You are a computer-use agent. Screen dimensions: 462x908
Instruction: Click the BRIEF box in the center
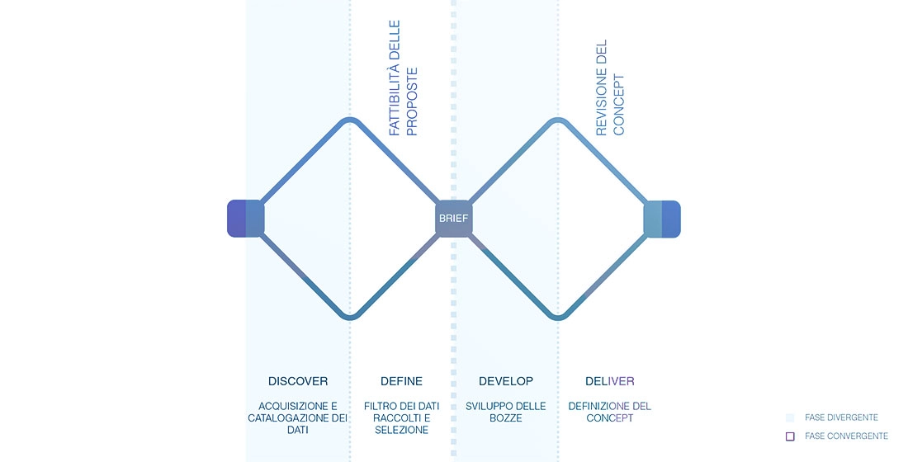(453, 219)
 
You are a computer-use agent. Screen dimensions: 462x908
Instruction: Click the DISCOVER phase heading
(298, 381)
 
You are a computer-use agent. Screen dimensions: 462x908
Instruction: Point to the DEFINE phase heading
(401, 381)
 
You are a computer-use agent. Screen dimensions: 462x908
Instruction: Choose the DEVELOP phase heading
(506, 381)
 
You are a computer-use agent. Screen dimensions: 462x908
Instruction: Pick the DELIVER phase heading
(610, 381)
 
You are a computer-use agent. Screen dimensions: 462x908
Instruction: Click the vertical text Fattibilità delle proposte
(404, 78)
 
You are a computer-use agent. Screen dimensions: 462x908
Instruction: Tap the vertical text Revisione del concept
(610, 87)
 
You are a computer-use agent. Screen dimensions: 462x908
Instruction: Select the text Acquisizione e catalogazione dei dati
(298, 418)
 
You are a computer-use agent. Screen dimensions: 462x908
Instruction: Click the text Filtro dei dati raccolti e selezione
(401, 418)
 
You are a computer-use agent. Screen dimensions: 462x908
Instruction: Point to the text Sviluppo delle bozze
(506, 412)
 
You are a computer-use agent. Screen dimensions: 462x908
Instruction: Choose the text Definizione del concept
(610, 412)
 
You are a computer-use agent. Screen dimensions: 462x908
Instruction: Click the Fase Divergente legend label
(841, 418)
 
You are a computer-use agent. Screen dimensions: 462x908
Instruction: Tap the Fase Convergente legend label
(846, 436)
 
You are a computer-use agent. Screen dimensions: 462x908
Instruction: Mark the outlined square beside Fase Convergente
(790, 436)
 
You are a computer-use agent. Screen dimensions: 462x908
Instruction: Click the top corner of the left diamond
(350, 120)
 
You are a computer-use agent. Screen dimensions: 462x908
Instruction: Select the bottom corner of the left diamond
(350, 317)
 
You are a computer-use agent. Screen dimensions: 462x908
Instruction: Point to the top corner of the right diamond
(558, 120)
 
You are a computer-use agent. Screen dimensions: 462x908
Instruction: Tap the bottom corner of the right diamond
(558, 317)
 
